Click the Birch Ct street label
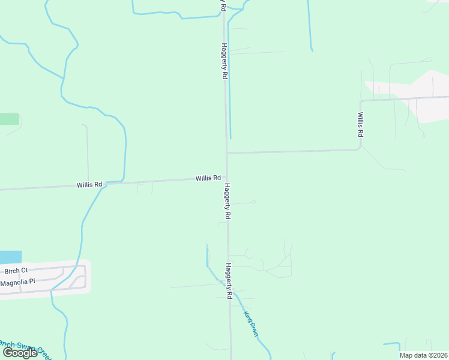point(16,271)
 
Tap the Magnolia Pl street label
point(18,281)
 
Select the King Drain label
point(250,322)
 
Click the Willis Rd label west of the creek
point(89,185)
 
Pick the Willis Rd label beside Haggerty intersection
point(208,178)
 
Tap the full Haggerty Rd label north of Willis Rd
point(224,61)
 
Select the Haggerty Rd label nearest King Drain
point(229,281)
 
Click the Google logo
point(20,353)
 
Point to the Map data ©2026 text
point(423,355)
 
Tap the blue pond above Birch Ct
point(10,257)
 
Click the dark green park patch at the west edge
point(9,118)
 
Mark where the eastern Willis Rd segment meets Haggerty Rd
point(227,152)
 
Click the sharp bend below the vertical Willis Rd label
point(360,145)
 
